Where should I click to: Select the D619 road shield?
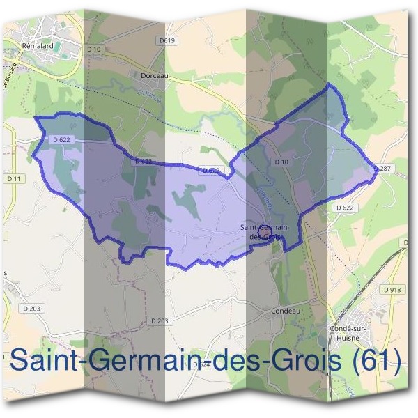167,41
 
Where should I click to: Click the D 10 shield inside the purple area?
281,162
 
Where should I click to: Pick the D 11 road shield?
14,179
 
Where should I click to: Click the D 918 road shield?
392,289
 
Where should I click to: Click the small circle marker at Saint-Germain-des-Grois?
263,229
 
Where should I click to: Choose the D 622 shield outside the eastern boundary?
344,208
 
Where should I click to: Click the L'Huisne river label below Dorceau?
150,97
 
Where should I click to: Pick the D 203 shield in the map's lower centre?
160,320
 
